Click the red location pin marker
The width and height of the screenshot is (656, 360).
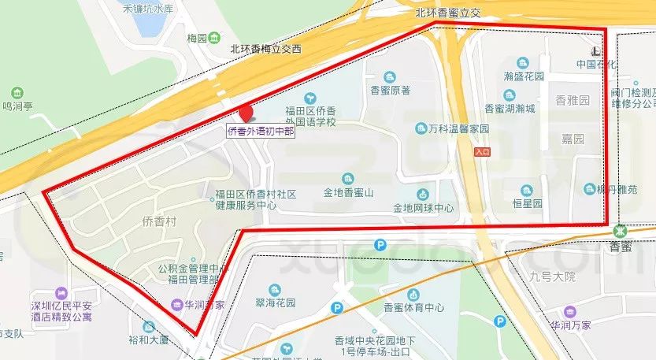tap(246, 114)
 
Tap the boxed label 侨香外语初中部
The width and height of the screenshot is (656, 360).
tap(261, 131)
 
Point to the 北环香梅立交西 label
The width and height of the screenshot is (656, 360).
tap(265, 48)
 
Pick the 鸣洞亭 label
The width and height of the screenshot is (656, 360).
tap(18, 105)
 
